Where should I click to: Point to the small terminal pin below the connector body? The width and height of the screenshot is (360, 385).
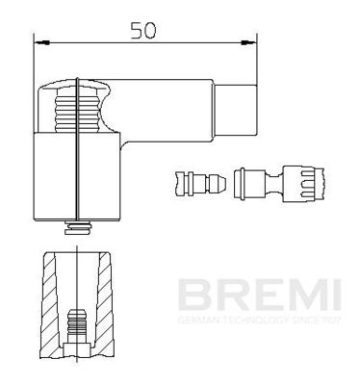pyautogui.click(x=76, y=230)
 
